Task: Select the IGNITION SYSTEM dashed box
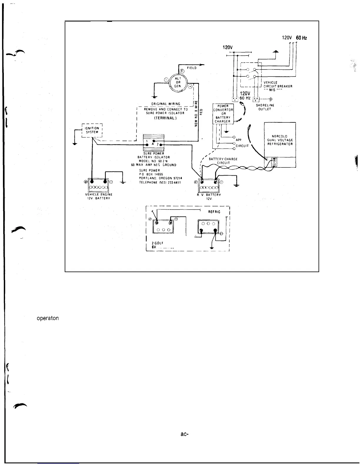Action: pyautogui.click(x=92, y=130)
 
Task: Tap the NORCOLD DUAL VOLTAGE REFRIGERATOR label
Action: pyautogui.click(x=280, y=140)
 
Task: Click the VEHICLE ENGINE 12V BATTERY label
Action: pyautogui.click(x=99, y=196)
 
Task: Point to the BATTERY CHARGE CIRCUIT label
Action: pyautogui.click(x=223, y=161)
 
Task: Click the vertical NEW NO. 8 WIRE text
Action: pyautogui.click(x=196, y=113)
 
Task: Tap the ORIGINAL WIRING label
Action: pyautogui.click(x=166, y=104)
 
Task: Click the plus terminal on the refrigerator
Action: pyautogui.click(x=274, y=160)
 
